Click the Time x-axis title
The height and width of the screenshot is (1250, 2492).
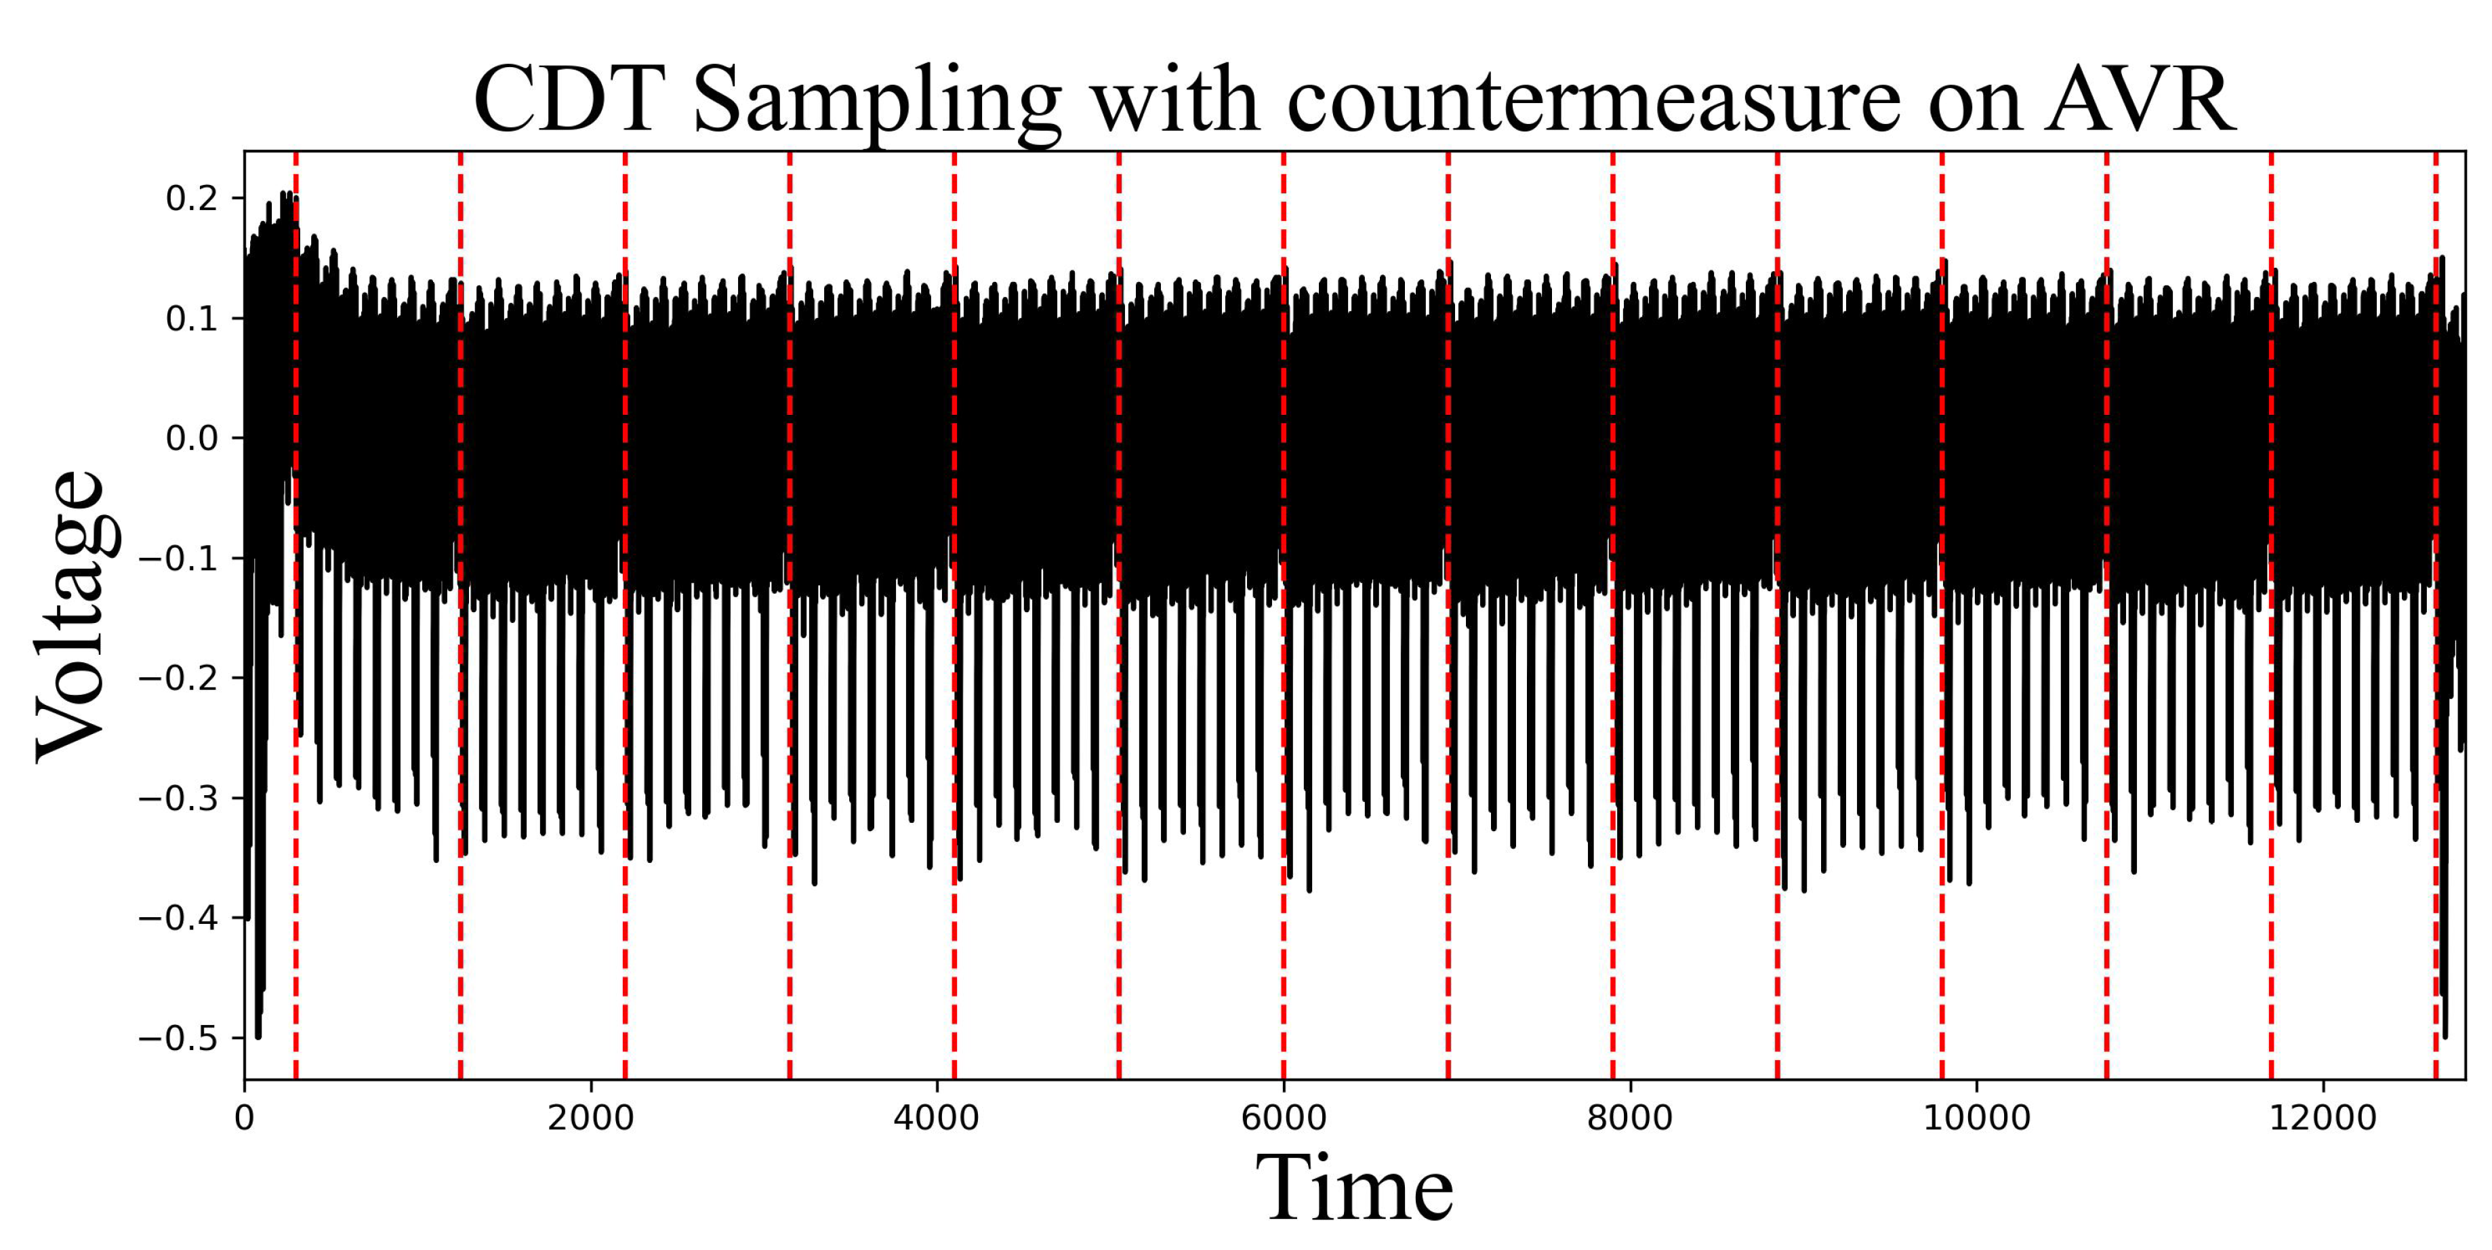tap(1353, 1188)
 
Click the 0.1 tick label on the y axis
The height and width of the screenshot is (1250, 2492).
tap(192, 319)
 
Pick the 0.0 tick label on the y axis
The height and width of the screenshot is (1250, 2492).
tap(192, 439)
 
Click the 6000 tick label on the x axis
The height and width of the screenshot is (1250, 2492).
tap(1283, 1118)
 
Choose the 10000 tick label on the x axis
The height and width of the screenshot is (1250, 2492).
tap(1976, 1118)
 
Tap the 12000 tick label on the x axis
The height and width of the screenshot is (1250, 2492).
tap(2322, 1118)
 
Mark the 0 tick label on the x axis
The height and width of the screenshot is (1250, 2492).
tap(245, 1118)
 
